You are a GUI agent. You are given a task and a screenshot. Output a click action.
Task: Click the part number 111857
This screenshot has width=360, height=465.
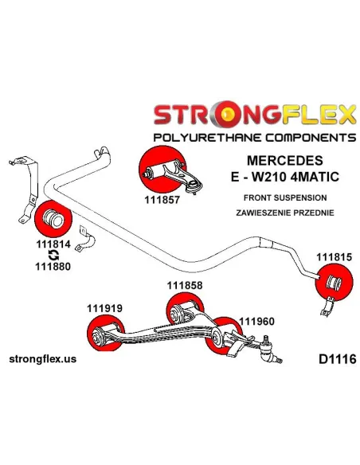click(162, 200)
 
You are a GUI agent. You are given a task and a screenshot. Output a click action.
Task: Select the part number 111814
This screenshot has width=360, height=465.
click(53, 244)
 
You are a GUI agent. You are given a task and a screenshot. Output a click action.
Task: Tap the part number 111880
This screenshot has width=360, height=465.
click(53, 266)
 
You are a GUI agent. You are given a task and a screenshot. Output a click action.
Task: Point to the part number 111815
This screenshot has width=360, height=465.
click(334, 257)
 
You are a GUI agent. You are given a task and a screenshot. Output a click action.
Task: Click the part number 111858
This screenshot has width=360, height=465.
click(185, 285)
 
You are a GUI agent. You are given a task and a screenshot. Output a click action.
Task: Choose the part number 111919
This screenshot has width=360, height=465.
click(104, 308)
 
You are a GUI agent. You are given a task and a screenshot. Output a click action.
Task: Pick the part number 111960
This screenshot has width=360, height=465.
click(256, 321)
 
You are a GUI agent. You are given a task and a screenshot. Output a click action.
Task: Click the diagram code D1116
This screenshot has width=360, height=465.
click(337, 359)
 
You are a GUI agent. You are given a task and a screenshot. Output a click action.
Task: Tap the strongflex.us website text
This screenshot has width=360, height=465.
click(43, 359)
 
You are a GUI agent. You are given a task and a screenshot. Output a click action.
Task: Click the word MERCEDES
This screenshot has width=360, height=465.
click(284, 160)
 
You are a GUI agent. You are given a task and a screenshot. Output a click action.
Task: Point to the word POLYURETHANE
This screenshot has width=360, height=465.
click(208, 138)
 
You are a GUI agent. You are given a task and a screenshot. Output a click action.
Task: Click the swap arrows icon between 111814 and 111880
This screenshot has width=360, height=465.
click(53, 256)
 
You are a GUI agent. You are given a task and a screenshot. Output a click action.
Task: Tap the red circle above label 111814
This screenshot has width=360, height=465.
click(53, 219)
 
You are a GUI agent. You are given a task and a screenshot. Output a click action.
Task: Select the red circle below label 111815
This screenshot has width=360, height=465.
click(334, 283)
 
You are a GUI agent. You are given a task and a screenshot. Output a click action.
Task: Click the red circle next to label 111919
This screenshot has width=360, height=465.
click(106, 333)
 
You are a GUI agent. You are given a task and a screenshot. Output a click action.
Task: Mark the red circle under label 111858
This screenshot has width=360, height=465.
click(185, 310)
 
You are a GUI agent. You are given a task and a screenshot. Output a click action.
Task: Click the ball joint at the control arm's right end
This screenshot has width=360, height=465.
click(268, 350)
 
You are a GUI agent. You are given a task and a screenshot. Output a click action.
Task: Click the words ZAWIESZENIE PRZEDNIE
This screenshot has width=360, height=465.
click(284, 213)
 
